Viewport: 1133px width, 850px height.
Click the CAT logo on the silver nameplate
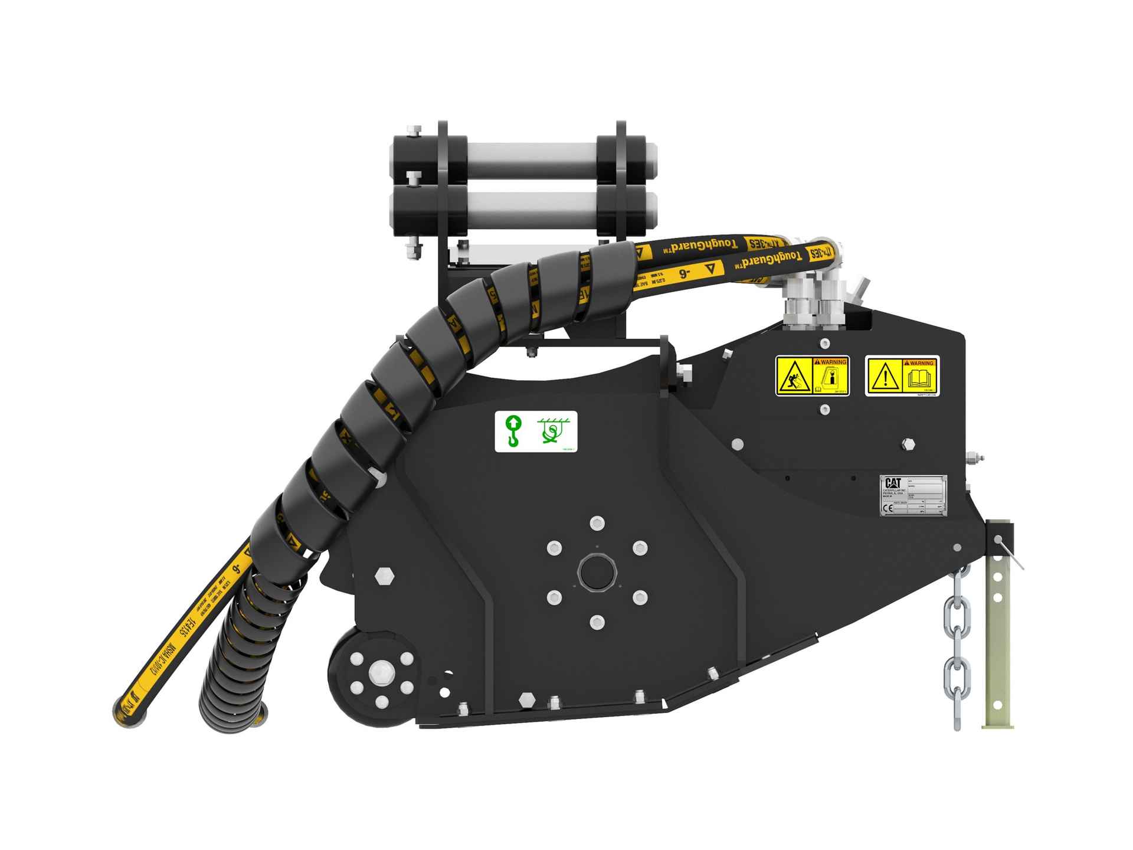[x=892, y=482]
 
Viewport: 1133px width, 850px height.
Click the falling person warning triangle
[x=794, y=378]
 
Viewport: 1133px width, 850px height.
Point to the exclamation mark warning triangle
[x=885, y=378]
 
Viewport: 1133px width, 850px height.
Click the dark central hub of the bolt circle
[x=597, y=571]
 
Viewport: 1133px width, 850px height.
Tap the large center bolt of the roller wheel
[x=378, y=672]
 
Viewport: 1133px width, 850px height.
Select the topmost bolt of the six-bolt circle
[x=597, y=522]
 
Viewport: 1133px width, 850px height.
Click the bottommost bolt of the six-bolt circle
[x=597, y=622]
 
